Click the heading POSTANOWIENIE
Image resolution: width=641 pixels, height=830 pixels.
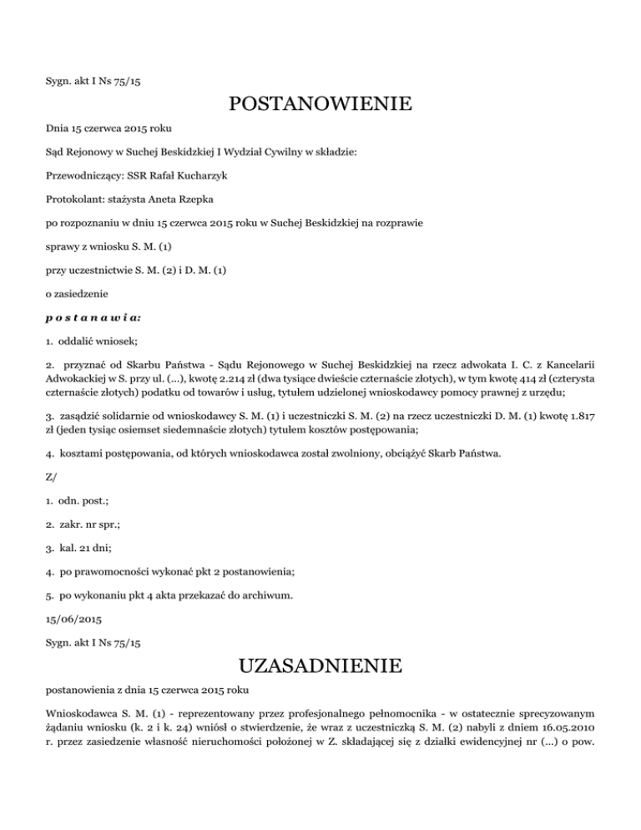pyautogui.click(x=320, y=104)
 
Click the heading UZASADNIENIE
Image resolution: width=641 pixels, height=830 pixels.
pyautogui.click(x=320, y=666)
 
